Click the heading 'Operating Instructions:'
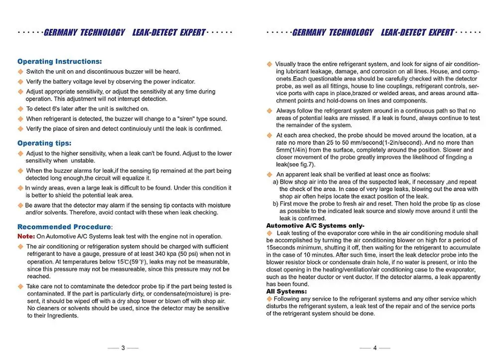tap(59, 62)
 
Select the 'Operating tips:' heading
tap(44, 143)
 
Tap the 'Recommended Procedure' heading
tap(64, 227)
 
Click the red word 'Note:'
tap(26, 237)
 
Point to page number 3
tap(123, 348)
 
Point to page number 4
tap(374, 348)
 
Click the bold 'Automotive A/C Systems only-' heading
tap(315, 226)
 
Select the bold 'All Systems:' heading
tap(286, 291)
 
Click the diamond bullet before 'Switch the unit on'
tap(20, 72)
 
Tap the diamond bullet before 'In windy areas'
tap(20, 188)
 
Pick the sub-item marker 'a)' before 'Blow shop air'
tap(275, 182)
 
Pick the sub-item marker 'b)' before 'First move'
tap(275, 204)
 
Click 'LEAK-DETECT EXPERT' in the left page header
tap(169, 33)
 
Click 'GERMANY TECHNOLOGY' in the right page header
tap(332, 33)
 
